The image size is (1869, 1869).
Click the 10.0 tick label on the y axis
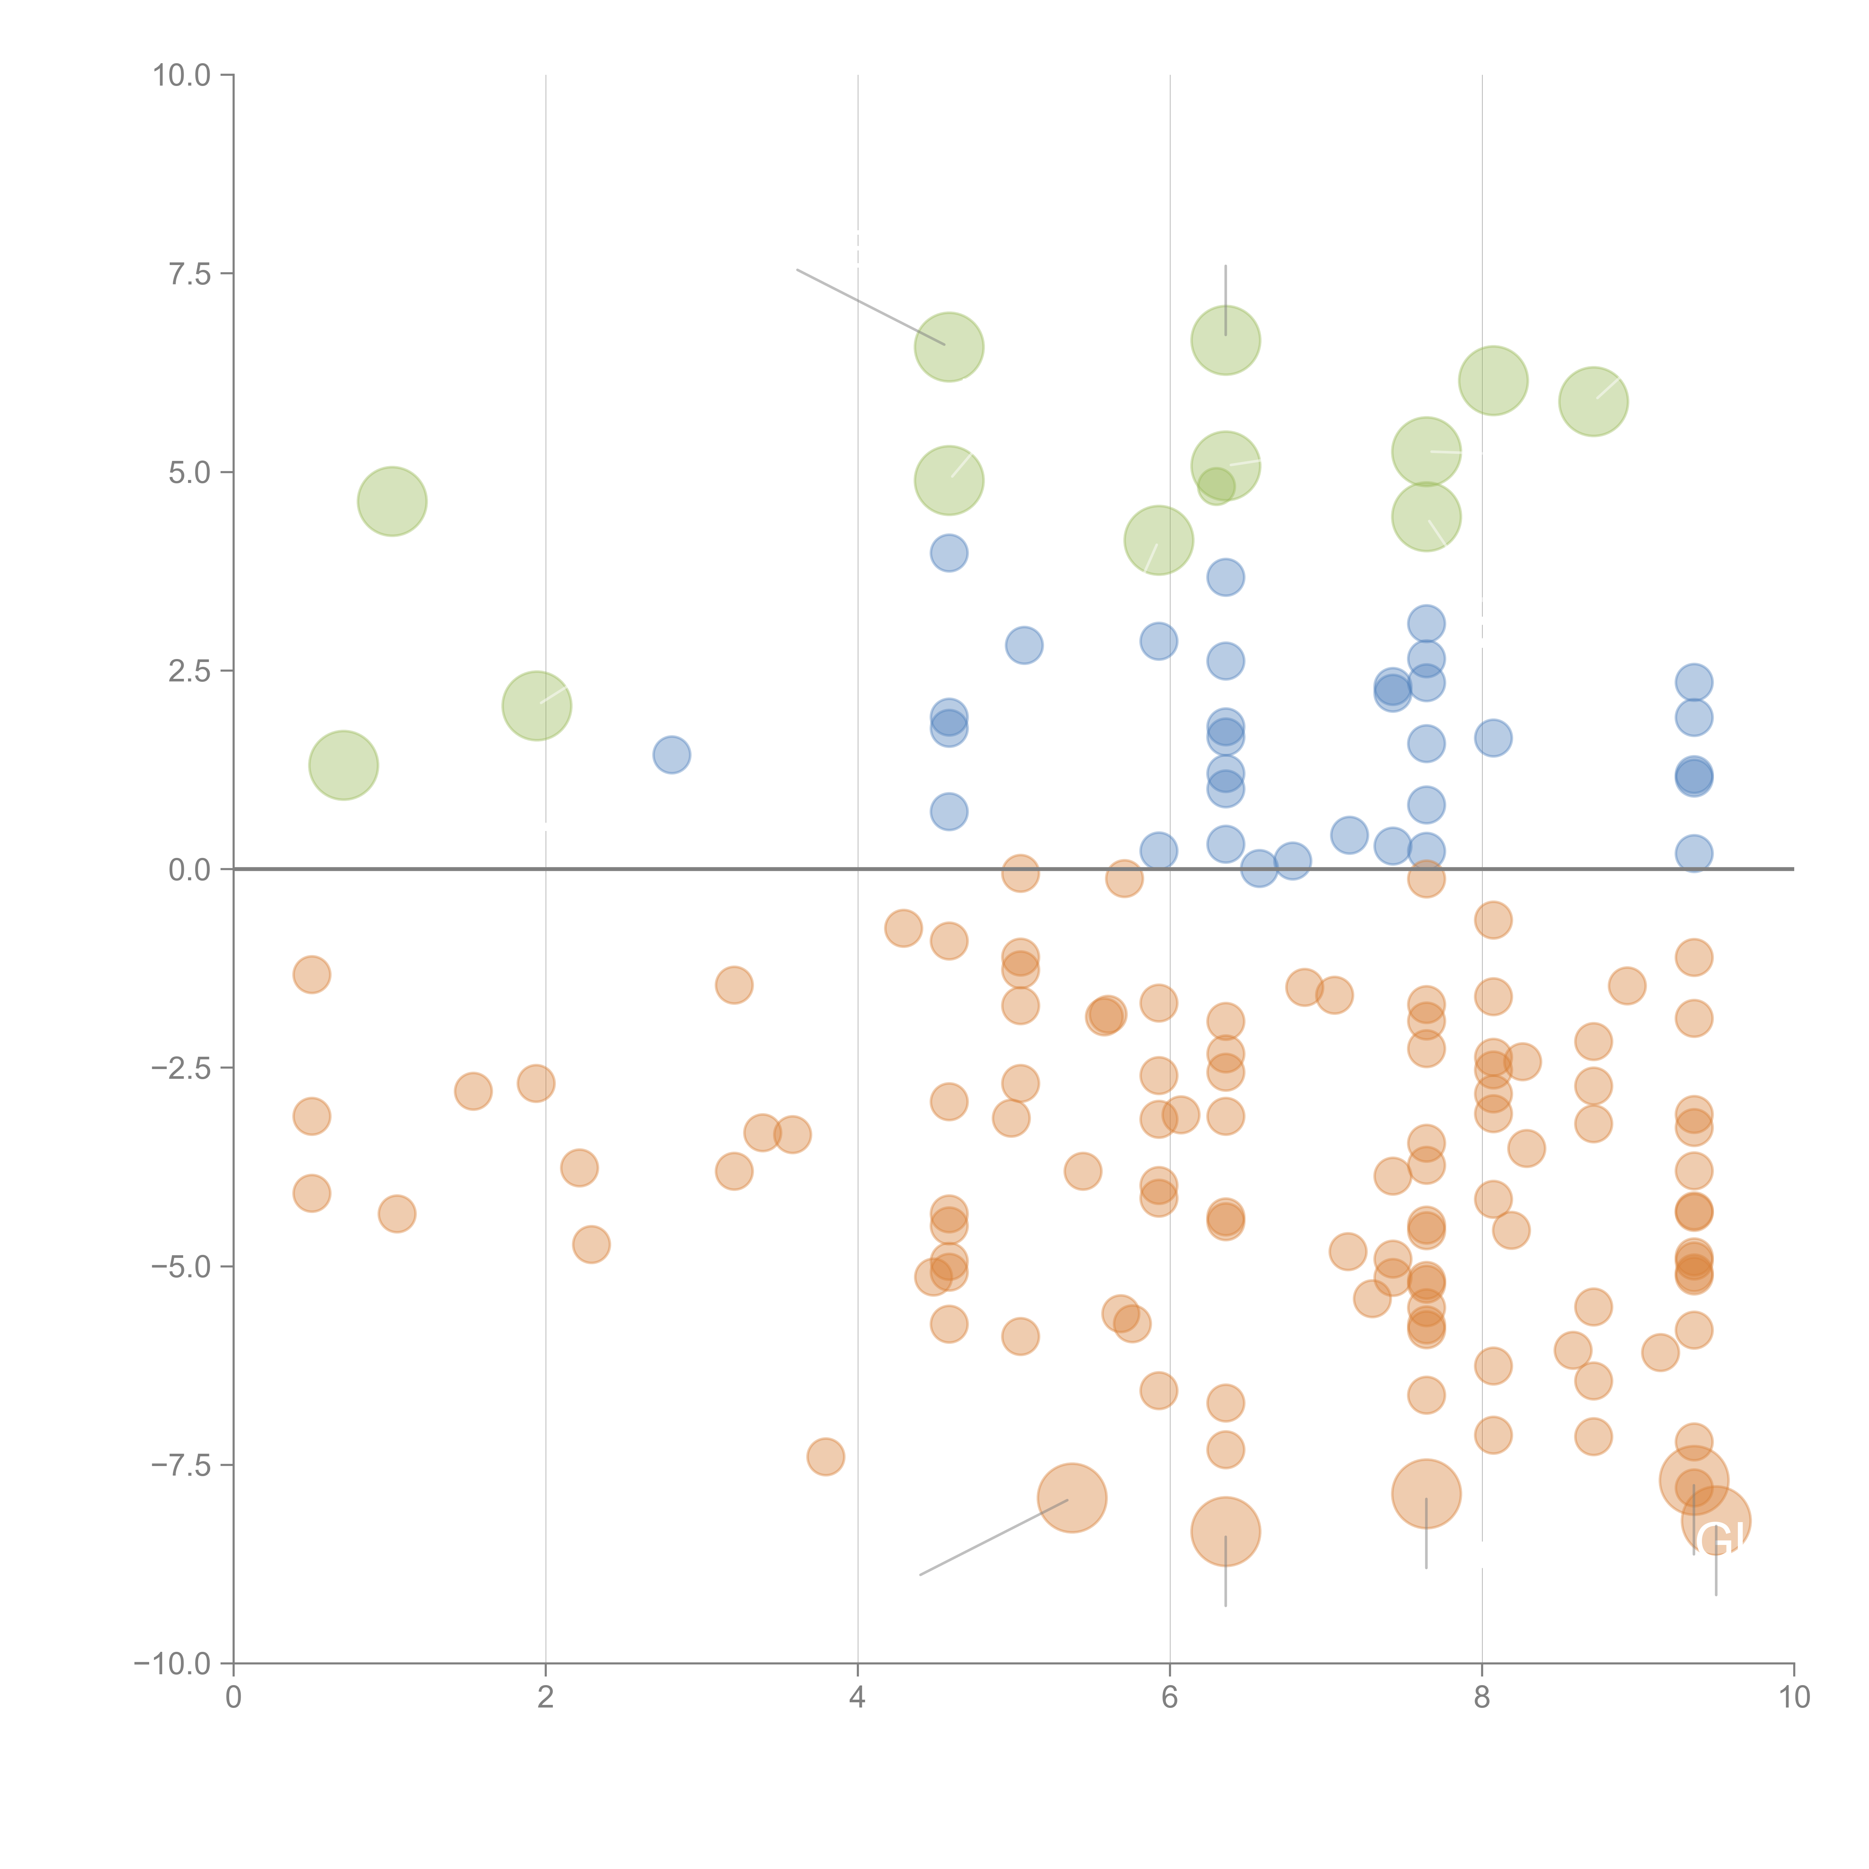click(182, 76)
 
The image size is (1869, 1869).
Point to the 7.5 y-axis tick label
click(190, 274)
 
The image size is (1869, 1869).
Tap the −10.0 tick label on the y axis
click(172, 1664)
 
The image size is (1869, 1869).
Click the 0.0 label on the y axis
click(190, 870)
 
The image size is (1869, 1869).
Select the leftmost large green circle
click(344, 765)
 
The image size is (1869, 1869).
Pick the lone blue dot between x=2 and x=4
click(671, 755)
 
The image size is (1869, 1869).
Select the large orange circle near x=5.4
click(1072, 1497)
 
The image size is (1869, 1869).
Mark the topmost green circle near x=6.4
click(1226, 341)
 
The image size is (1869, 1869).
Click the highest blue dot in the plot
click(949, 553)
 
